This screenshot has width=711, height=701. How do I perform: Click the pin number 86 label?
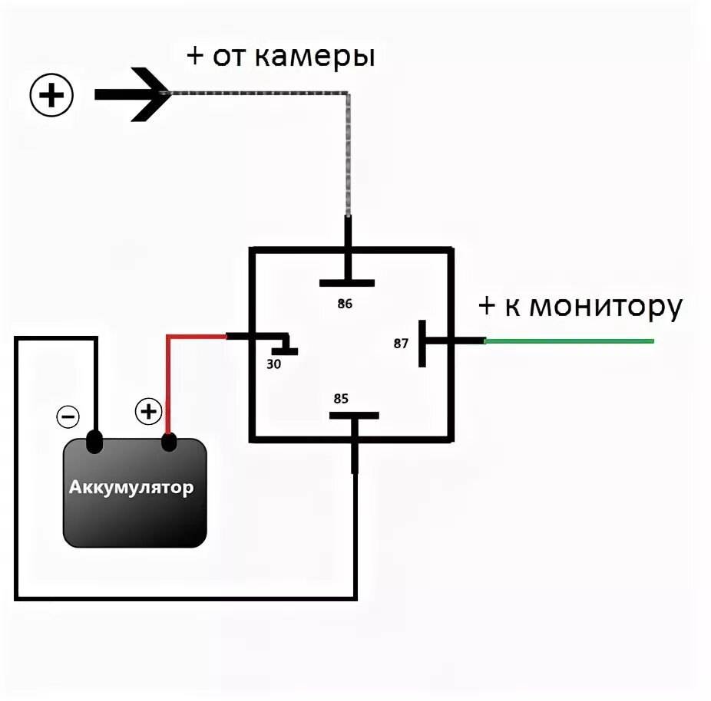[345, 304]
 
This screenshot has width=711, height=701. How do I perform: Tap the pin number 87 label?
[401, 344]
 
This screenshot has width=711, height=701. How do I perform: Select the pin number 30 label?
[273, 364]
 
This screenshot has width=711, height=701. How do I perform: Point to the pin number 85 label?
[341, 399]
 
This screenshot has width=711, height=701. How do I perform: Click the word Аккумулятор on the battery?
[132, 488]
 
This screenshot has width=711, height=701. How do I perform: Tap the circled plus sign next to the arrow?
[51, 96]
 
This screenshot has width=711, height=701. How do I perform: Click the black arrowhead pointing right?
[150, 95]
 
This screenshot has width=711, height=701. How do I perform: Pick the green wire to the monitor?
[568, 341]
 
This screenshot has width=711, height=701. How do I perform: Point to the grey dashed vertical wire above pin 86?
[348, 153]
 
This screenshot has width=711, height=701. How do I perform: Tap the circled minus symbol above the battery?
[68, 416]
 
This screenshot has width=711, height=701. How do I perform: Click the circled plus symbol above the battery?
[148, 412]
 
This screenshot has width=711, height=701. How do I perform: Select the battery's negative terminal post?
[94, 443]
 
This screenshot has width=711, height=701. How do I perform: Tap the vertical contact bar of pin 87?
[422, 343]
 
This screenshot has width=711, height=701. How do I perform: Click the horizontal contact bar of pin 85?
[354, 415]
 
